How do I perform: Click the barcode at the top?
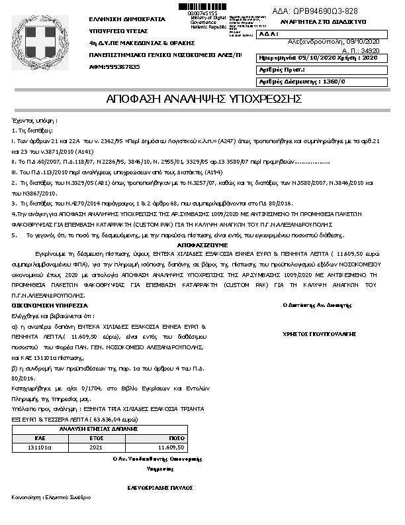click(x=198, y=5)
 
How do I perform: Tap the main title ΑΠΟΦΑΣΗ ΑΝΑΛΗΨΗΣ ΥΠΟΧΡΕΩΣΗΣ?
click(x=204, y=99)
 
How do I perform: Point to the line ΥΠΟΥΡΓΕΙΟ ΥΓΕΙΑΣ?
click(x=118, y=31)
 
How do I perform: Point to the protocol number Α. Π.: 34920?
click(x=360, y=50)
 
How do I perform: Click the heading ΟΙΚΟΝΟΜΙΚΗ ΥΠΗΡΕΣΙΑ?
click(x=50, y=305)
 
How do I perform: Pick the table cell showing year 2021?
click(x=97, y=447)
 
